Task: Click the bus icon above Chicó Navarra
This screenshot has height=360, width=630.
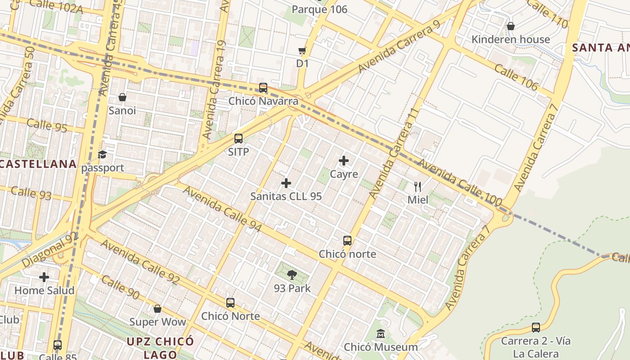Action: pos(263,88)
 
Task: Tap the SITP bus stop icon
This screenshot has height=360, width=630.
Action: pos(238,139)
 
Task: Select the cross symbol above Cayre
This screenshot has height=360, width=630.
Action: pos(344,161)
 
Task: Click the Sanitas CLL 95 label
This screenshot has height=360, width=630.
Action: pos(286,196)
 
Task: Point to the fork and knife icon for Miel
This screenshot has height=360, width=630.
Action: pos(418,186)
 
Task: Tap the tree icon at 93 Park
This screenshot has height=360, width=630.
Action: pos(292,275)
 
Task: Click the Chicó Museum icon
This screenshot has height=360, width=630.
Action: pos(381,334)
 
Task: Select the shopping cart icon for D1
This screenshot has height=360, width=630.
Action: pos(302,50)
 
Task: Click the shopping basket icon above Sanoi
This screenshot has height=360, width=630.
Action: pos(122,97)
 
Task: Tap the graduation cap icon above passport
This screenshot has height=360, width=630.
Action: pos(103,155)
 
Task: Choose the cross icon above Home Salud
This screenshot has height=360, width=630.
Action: pos(44,277)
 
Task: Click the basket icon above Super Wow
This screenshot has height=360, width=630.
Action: pos(157,309)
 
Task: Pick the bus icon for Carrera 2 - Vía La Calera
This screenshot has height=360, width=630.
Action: pos(535,328)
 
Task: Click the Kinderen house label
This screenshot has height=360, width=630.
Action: pos(510,39)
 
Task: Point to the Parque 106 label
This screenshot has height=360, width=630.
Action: pos(319,9)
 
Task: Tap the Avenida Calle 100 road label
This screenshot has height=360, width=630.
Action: pos(460,183)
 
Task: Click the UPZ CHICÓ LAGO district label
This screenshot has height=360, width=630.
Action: pos(160,347)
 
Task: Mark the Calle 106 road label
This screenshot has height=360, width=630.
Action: pos(516,76)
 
